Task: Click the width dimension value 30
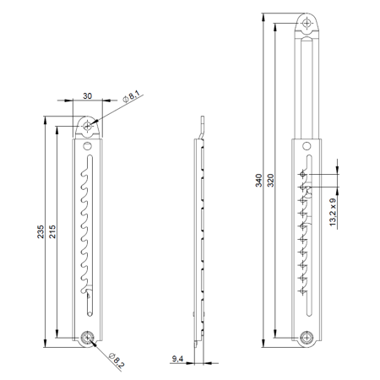(89, 96)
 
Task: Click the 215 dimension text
(52, 237)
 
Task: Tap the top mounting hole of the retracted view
(89, 126)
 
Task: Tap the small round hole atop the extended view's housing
(310, 146)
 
